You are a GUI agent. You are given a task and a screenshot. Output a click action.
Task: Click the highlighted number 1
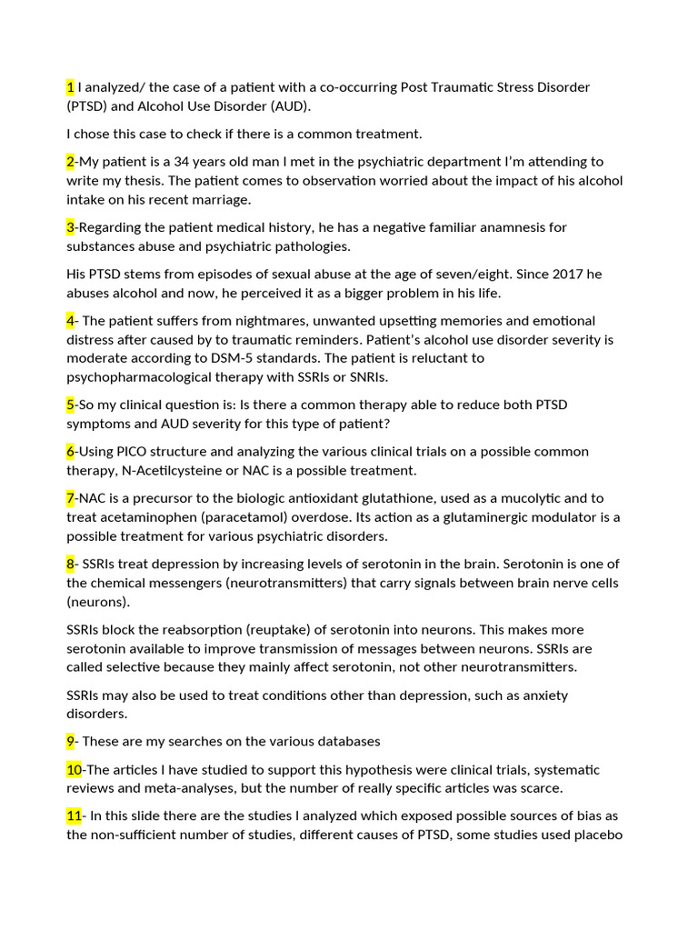pyautogui.click(x=70, y=87)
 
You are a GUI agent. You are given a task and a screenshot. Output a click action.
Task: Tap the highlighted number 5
pyautogui.click(x=70, y=405)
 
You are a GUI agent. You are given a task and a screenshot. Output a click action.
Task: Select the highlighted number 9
pyautogui.click(x=70, y=741)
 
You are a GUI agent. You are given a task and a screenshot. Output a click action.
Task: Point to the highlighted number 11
pyautogui.click(x=74, y=816)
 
